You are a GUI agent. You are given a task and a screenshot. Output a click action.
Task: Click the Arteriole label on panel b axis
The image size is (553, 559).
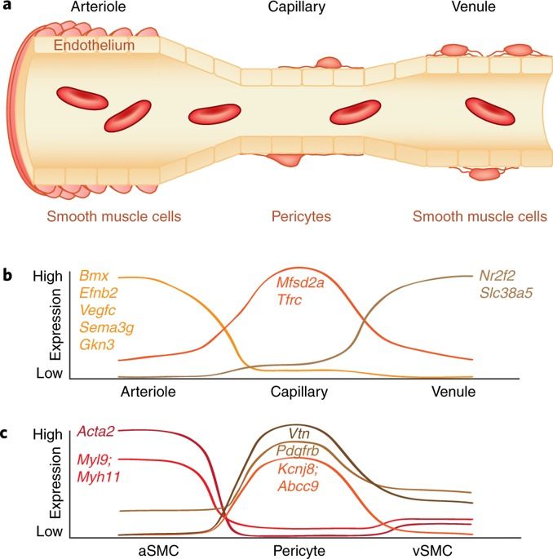click(x=148, y=392)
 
